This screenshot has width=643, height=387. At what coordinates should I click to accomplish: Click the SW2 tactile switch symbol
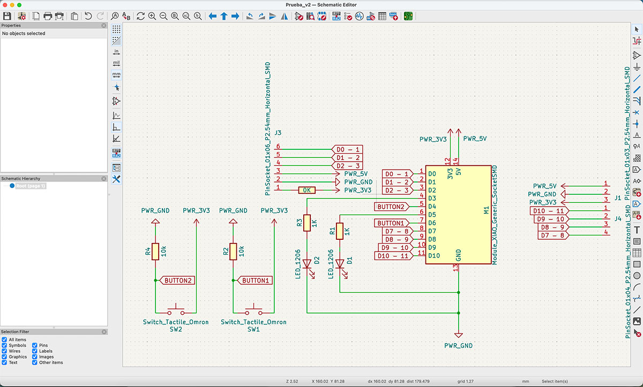coord(176,311)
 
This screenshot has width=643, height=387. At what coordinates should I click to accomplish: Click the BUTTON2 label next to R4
coord(177,280)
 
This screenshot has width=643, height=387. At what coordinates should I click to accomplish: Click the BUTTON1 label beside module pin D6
coord(390,223)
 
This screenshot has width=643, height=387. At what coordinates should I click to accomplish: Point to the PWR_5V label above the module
coord(475,139)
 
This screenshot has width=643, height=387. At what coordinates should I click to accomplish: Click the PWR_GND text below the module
coord(458,346)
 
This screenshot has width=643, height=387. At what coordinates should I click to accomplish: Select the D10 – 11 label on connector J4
coord(548,211)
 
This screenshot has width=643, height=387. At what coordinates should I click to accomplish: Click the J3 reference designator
coord(278,132)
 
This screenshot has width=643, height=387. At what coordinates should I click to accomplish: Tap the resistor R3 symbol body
coord(306,223)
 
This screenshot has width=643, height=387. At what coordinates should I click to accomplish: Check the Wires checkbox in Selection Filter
coord(4,351)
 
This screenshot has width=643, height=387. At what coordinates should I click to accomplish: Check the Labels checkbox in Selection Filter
coord(35,351)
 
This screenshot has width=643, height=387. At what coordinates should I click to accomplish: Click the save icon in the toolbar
coord(8,16)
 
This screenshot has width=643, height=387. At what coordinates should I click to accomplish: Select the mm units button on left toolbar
coord(116,74)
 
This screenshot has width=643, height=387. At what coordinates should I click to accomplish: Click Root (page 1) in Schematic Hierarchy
coord(31,186)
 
